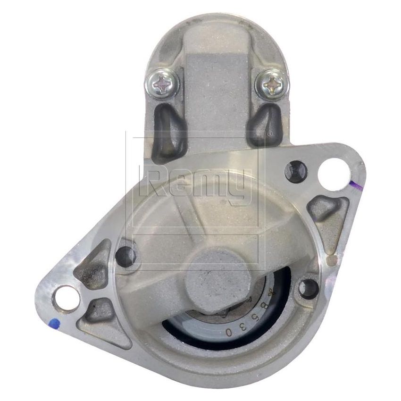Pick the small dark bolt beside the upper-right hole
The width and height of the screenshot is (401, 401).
pyautogui.click(x=296, y=171)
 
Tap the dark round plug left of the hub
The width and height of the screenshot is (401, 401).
pyautogui.click(x=125, y=255)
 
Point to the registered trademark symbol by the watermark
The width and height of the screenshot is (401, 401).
pyautogui.click(x=269, y=134)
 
